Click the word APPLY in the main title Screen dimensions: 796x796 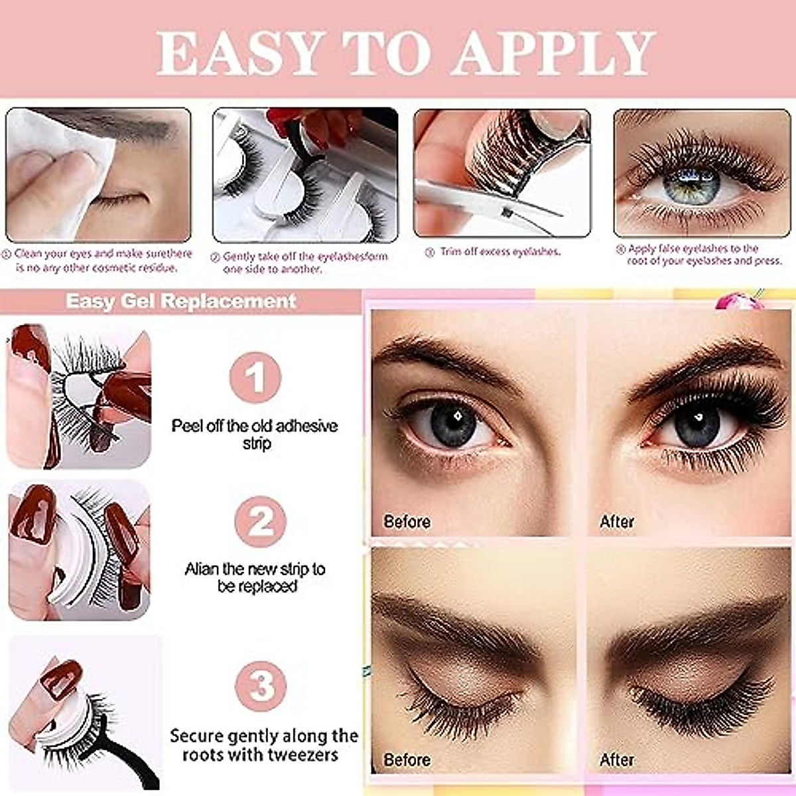click(x=553, y=52)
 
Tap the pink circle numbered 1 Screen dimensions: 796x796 click(x=255, y=377)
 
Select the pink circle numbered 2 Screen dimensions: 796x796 click(x=260, y=521)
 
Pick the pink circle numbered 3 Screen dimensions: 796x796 click(x=261, y=685)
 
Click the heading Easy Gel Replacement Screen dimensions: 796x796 click(x=180, y=300)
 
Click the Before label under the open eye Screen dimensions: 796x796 click(x=407, y=521)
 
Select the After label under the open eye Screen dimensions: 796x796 click(x=617, y=521)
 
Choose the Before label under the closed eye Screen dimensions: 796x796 click(x=407, y=760)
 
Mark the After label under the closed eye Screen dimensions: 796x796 click(x=617, y=760)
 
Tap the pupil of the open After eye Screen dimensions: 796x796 click(x=697, y=419)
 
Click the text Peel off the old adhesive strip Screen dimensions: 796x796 click(x=255, y=434)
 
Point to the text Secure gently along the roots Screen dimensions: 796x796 click(x=263, y=745)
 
